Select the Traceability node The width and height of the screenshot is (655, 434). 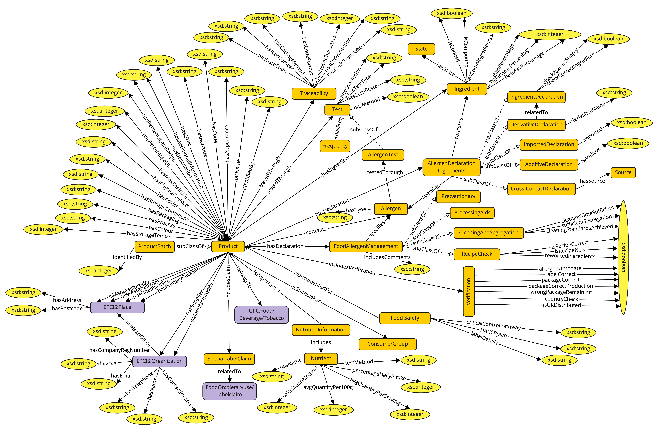click(314, 93)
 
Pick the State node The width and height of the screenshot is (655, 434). click(421, 49)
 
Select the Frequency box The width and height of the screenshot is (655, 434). click(335, 146)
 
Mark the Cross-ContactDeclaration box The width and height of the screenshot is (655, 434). click(541, 189)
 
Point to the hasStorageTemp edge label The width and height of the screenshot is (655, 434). click(147, 235)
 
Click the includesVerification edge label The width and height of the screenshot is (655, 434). click(352, 268)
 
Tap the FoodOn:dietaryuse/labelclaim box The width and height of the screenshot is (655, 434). click(229, 391)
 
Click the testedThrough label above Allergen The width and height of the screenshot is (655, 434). click(385, 172)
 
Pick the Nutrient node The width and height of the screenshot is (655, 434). click(321, 358)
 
